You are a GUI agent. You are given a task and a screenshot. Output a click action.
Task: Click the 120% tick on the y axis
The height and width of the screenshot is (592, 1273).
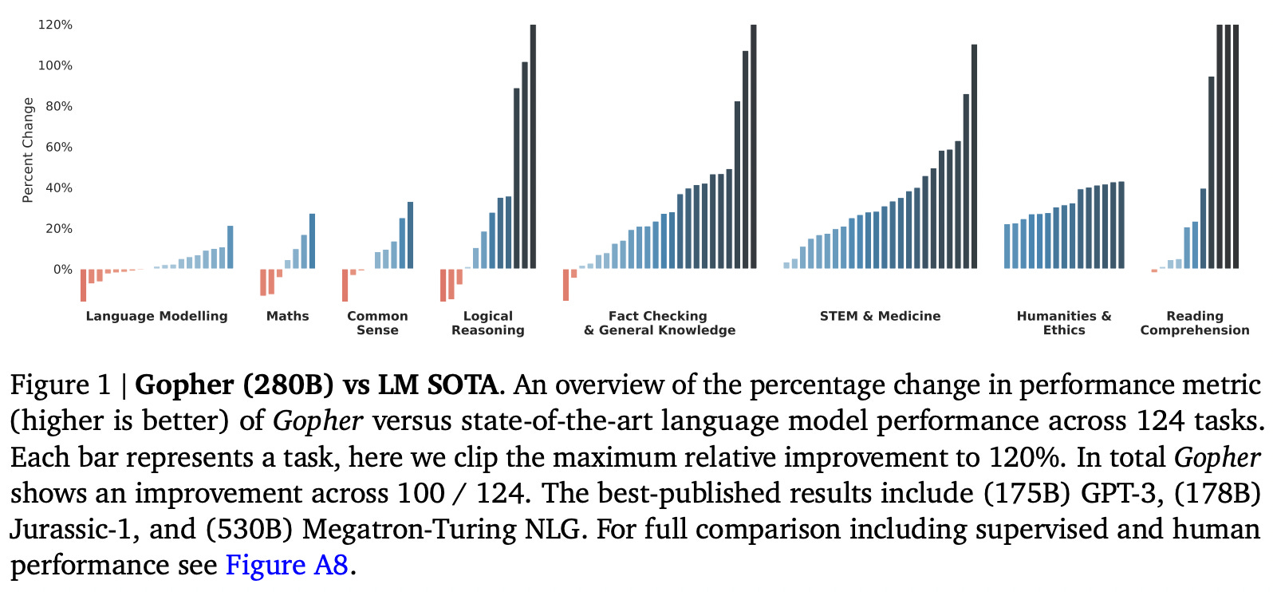tap(55, 25)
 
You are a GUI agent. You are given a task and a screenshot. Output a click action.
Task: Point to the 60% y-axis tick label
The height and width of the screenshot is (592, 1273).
tap(57, 147)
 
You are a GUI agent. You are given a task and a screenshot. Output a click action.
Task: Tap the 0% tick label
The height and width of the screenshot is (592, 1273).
tap(62, 270)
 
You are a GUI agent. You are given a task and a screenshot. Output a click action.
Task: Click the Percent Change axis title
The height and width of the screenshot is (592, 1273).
tap(28, 149)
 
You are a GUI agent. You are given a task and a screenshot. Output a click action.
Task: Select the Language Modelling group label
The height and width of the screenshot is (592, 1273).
tap(156, 316)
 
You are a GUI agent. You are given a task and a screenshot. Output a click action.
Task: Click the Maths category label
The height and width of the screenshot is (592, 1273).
tap(287, 316)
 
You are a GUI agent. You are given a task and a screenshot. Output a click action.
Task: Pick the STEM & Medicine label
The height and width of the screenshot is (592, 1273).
tap(880, 316)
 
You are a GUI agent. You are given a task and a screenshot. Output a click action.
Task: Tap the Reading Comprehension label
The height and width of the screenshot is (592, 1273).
tap(1194, 323)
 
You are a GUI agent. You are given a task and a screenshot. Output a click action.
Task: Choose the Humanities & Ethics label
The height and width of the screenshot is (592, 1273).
tap(1063, 323)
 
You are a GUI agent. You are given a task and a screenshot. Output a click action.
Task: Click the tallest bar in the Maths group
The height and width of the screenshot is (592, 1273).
tap(312, 241)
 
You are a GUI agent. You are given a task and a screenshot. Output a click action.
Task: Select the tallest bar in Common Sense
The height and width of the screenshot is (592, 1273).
tap(410, 235)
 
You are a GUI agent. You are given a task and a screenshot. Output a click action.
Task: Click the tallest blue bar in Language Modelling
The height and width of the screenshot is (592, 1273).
tap(231, 247)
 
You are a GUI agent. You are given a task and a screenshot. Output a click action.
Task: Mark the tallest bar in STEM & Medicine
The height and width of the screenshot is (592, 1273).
tap(974, 156)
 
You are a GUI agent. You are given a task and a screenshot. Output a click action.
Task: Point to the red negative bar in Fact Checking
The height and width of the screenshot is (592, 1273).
tap(566, 285)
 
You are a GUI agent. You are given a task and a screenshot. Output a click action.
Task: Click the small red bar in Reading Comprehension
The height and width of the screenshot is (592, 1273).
tap(1153, 270)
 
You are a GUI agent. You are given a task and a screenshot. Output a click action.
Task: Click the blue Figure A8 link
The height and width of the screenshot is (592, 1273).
tap(287, 565)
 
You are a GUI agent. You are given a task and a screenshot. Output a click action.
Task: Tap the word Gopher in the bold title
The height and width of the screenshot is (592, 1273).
tap(184, 385)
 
